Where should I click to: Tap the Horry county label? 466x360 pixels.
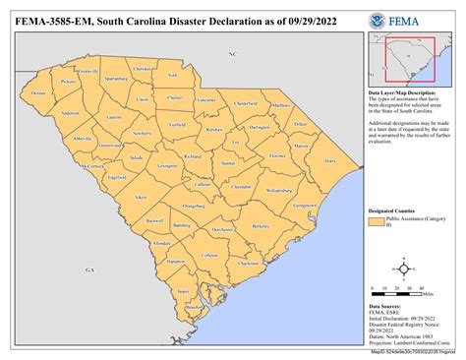pyautogui.click(x=329, y=159)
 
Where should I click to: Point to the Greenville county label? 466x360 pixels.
pyautogui.click(x=87, y=73)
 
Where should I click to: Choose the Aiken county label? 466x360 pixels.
pyautogui.click(x=141, y=198)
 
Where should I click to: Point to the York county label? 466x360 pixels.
pyautogui.click(x=173, y=75)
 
